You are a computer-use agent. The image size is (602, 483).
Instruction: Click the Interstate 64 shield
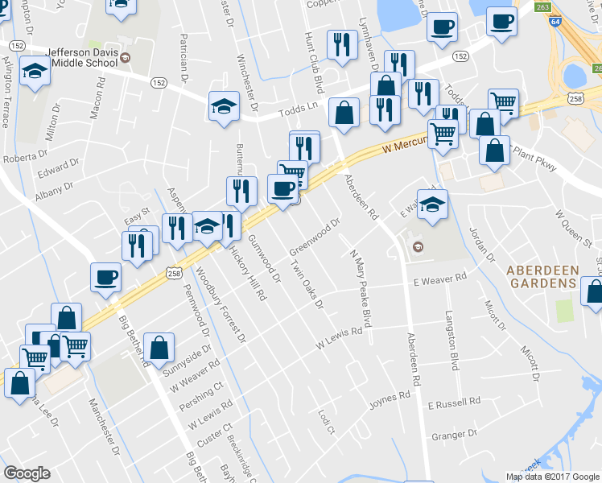point(555,23)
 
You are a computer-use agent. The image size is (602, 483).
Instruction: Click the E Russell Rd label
point(454,401)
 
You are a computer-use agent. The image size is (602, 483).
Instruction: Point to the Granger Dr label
point(455,436)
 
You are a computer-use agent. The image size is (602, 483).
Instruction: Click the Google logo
point(27,473)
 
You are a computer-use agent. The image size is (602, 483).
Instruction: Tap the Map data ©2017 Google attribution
point(551,477)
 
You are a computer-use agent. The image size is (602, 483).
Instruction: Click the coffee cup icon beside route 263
point(501,23)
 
